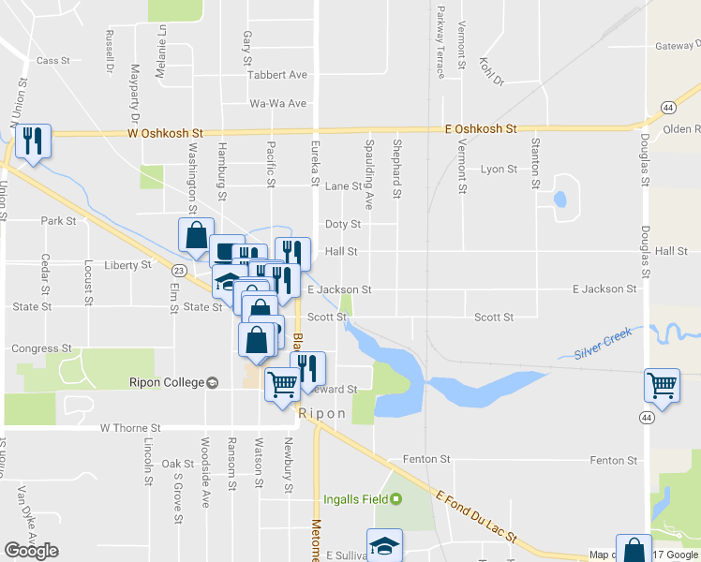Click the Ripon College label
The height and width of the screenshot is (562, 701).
167,383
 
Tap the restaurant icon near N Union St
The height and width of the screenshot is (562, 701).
33,141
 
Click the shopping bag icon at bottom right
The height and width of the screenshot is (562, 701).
634,550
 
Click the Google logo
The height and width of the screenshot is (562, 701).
31,551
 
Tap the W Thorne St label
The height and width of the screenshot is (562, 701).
130,428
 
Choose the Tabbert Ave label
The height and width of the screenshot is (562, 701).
277,75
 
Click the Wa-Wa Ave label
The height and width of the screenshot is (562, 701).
277,104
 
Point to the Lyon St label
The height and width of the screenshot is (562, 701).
499,170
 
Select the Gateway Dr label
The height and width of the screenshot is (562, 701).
677,46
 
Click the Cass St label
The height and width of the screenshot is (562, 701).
53,60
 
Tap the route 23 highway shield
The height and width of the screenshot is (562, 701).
178,269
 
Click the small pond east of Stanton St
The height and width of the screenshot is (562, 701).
560,199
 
